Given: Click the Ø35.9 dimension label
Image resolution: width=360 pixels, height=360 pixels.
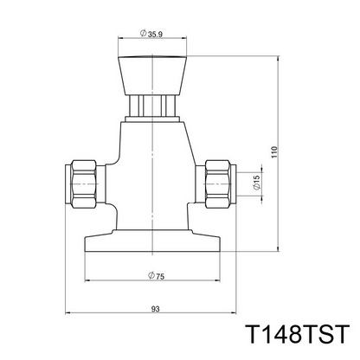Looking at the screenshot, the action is (151, 34).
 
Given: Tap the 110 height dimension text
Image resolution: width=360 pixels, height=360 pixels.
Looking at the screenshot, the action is (274, 152).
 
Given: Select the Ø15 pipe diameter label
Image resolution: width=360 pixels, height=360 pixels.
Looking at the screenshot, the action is (256, 183).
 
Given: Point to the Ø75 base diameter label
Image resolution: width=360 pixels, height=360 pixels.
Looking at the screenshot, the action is (156, 276).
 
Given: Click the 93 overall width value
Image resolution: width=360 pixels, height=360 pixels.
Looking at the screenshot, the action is (155, 309).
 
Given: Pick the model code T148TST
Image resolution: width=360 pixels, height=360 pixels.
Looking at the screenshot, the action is (298, 334).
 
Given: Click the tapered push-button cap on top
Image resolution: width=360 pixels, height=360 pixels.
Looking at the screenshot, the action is (152, 75).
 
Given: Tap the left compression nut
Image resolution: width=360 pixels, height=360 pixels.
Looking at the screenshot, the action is (83, 183).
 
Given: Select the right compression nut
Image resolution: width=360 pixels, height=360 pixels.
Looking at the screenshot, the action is (218, 183).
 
